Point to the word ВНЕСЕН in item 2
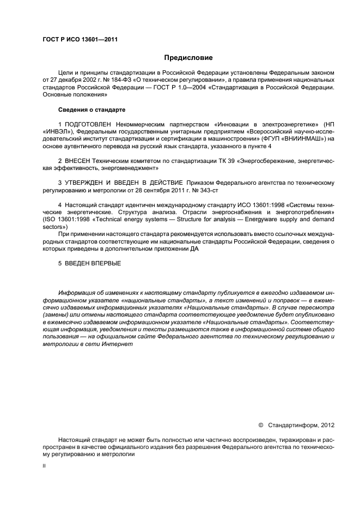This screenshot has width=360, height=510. [x=77, y=161]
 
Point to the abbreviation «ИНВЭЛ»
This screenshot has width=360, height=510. [x=56, y=132]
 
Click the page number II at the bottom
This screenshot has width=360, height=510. [x=44, y=466]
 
